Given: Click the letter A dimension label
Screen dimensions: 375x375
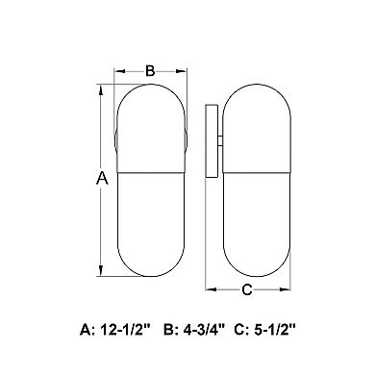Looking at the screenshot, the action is tap(102, 178).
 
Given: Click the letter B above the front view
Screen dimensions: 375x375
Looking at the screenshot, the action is tap(150, 71).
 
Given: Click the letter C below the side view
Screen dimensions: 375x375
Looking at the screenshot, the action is tap(247, 289).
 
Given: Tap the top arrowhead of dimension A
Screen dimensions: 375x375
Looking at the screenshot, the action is tap(101, 89).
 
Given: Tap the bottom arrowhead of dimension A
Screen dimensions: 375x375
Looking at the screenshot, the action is tap(101, 270).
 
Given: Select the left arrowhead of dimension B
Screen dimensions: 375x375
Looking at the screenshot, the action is tap(119, 71).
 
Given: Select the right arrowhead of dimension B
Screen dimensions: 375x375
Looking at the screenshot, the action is tap(181, 71).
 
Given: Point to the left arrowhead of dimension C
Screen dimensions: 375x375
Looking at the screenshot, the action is tap(211, 289).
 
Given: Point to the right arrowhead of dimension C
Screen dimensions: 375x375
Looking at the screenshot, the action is tap(285, 289).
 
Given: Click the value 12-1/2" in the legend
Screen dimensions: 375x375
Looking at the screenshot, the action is tap(126, 329).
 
